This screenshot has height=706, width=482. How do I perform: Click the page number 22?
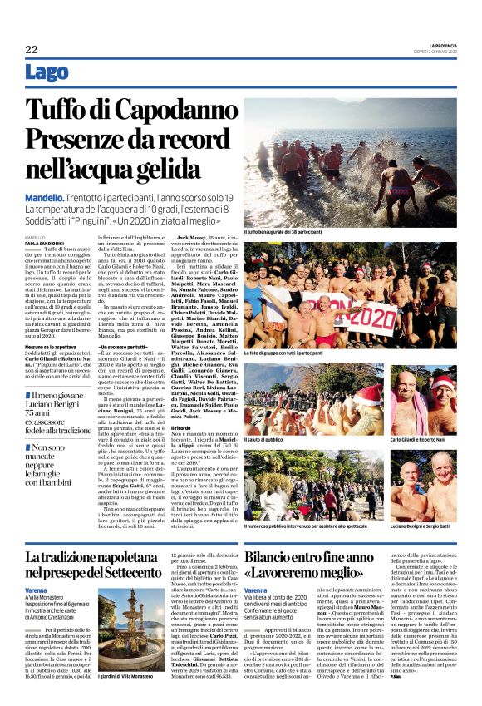32,50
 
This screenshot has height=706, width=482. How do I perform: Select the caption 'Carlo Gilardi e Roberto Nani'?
421,439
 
